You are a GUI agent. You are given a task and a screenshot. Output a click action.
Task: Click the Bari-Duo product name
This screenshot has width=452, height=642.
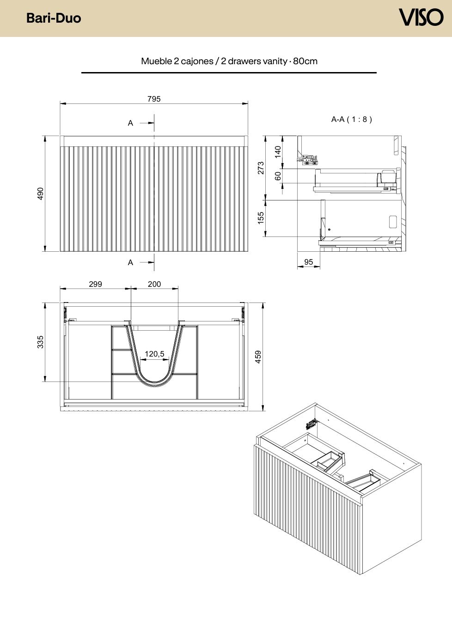(x=54, y=18)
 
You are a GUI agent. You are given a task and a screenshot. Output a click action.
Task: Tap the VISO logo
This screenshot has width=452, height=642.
(x=421, y=17)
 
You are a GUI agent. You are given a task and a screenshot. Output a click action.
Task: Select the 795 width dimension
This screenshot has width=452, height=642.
(x=154, y=99)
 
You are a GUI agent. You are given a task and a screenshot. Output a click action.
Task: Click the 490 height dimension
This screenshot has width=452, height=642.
(x=40, y=194)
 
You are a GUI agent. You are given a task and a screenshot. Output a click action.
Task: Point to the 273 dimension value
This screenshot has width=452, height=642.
(x=261, y=168)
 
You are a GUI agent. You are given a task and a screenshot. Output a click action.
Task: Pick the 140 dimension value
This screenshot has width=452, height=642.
(x=278, y=152)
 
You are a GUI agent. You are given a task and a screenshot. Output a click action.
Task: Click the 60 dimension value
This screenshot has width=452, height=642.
(x=278, y=176)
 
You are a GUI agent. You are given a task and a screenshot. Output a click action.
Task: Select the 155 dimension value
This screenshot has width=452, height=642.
(x=261, y=218)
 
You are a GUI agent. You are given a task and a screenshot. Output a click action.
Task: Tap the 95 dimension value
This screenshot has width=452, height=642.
(x=309, y=262)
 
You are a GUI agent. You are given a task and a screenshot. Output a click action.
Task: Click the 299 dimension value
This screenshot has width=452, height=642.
(x=96, y=284)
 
